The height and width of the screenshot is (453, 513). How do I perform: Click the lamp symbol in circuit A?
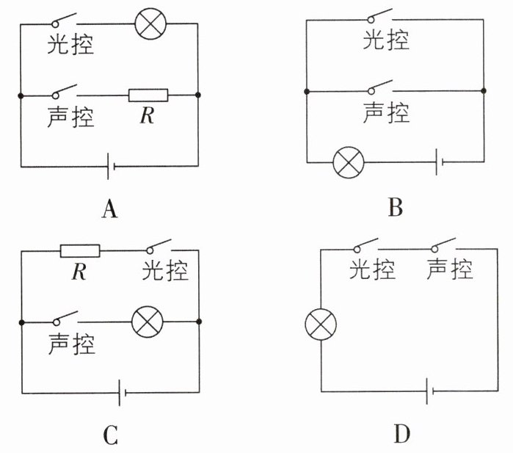pos(150,24)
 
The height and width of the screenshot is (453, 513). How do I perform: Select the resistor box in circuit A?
pos(148,95)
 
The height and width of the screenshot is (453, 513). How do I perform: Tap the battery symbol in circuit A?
pos(111,166)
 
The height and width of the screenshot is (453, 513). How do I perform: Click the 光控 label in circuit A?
pos(70,44)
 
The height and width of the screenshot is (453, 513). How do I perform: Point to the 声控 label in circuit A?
pos(70,117)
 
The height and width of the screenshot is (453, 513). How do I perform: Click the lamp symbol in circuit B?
pos(349,162)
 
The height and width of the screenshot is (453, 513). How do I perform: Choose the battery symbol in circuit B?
pos(439,162)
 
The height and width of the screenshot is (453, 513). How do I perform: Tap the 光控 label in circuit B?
pos(386,40)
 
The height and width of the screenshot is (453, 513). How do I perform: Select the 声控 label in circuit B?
pos(386,112)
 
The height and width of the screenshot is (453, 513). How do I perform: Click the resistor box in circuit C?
pos(80,251)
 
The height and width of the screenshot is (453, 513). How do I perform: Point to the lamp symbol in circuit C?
pos(148,322)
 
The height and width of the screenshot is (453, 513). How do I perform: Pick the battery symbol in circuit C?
pos(123,393)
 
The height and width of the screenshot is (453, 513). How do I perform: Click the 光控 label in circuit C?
pos(165,270)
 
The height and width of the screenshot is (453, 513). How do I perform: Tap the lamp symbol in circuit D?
pos(321,325)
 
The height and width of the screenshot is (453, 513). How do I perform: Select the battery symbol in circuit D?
pos(430,391)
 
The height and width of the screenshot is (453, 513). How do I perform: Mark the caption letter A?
pos(109,209)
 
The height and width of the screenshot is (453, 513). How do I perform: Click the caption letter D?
pos(402,434)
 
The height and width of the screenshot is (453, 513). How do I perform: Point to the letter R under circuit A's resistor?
pos(147,115)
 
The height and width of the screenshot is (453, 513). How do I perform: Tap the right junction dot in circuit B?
pos(484,90)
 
